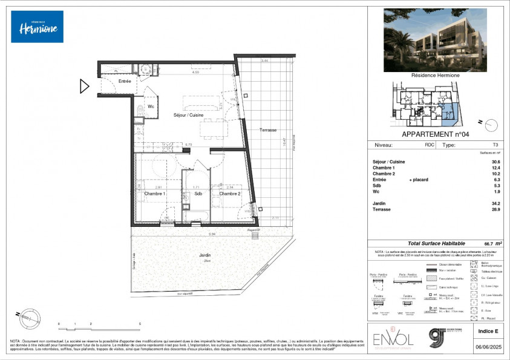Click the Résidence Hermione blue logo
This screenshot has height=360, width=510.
click(37, 27)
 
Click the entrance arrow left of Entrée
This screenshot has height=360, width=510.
click(85, 87)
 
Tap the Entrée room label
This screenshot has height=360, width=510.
click(125, 81)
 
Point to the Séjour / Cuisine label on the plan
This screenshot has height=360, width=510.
click(188, 115)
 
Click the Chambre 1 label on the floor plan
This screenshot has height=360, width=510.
click(155, 194)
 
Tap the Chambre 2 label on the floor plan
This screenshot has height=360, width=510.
click(230, 194)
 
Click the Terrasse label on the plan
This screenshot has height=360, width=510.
click(269, 130)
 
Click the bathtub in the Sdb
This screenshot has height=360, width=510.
click(197, 217)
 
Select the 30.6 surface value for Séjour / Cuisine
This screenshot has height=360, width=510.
click(495, 162)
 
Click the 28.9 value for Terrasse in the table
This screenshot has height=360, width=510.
click(495, 210)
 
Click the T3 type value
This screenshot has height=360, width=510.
click(495, 145)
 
